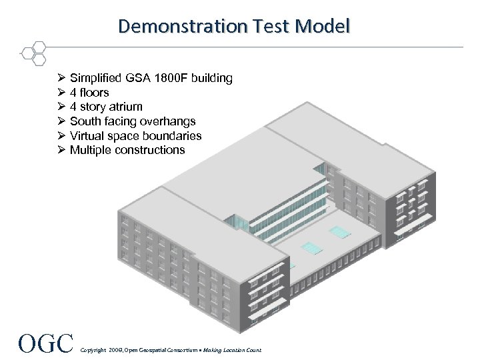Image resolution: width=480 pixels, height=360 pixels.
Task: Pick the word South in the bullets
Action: pyautogui.click(x=85, y=121)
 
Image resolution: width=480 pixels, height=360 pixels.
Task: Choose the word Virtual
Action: pyautogui.click(x=88, y=136)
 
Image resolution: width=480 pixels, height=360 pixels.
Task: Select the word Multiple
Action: pyautogui.click(x=91, y=150)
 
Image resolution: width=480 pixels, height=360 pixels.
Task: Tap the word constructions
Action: pyautogui.click(x=150, y=150)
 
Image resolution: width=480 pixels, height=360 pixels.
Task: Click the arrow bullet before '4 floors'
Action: pyautogui.click(x=61, y=93)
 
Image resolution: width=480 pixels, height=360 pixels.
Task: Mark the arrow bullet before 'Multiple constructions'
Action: pyautogui.click(x=61, y=150)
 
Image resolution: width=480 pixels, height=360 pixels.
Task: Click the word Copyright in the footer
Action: pyautogui.click(x=92, y=350)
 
